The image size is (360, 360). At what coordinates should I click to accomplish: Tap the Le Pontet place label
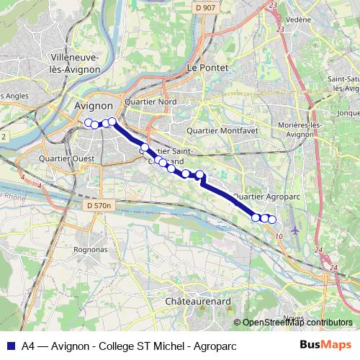tap(207, 67)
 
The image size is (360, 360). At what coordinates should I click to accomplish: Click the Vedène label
tap(298, 19)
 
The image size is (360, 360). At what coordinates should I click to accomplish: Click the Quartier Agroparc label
tap(270, 196)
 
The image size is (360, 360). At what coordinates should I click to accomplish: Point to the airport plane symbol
tap(296, 230)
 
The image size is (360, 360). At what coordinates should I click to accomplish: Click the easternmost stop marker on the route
tap(272, 219)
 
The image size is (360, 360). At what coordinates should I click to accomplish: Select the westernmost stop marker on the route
tap(89, 122)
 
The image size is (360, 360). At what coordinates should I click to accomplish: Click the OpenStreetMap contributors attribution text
tap(297, 323)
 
